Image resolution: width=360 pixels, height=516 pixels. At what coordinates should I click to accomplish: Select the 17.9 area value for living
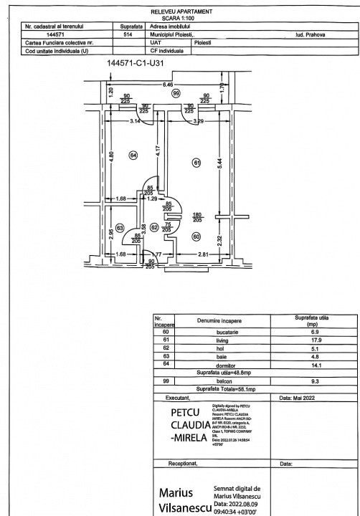313,341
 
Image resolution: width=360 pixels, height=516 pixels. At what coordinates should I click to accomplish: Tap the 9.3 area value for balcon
313,381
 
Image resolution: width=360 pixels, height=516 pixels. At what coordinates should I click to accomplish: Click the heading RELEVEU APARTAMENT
179,13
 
